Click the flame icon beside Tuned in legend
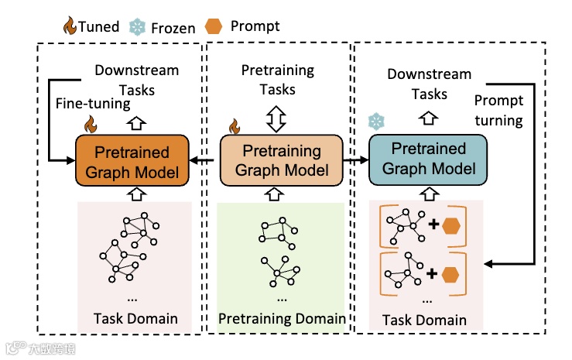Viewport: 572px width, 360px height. coord(70,26)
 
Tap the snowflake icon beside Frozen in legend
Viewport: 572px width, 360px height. coord(137,27)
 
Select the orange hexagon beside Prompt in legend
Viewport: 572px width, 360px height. coord(214,26)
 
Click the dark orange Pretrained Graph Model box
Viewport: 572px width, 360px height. coord(132,160)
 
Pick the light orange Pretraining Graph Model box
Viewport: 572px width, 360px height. coord(281,160)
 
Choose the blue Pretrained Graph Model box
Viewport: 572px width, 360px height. coord(428,159)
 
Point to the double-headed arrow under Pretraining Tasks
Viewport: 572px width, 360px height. coord(276,119)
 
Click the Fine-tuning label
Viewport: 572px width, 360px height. coord(93,104)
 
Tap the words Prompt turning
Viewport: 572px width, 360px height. coord(498,110)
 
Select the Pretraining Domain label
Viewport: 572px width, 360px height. coord(282,318)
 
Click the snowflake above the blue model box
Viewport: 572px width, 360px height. coord(376,122)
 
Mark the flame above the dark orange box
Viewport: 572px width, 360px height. coord(91,125)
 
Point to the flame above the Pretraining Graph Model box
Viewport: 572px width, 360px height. coord(235,126)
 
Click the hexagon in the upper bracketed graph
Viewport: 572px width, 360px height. coord(451,226)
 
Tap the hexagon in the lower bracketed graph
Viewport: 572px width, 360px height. coord(450,275)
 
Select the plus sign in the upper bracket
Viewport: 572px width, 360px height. coord(433,224)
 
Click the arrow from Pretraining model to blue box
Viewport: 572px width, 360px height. coord(356,159)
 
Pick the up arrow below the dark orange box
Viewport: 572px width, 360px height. coord(136,194)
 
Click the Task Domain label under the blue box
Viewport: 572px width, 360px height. coord(424,320)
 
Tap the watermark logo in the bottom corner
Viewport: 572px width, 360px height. coord(40,348)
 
